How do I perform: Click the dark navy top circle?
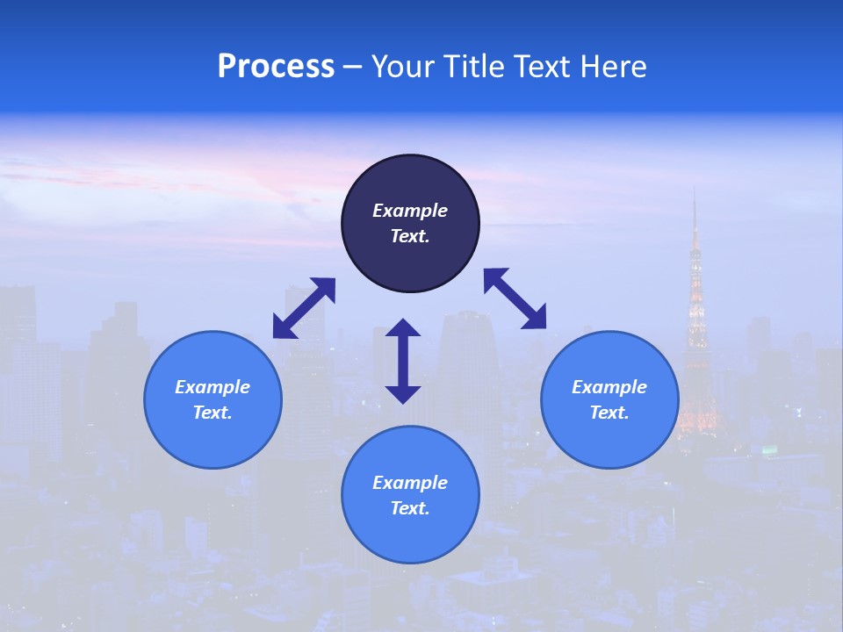click(410, 223)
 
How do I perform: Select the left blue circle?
click(213, 399)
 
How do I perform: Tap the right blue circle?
click(609, 399)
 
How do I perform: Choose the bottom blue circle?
click(410, 494)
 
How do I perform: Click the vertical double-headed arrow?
click(403, 361)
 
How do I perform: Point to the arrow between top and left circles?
click(304, 308)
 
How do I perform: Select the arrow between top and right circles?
click(515, 298)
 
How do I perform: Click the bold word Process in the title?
click(276, 66)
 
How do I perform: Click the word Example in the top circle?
click(410, 211)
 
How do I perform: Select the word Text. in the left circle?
click(213, 413)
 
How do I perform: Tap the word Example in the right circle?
click(609, 387)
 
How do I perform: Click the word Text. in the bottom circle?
click(410, 508)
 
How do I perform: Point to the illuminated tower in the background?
click(695, 334)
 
